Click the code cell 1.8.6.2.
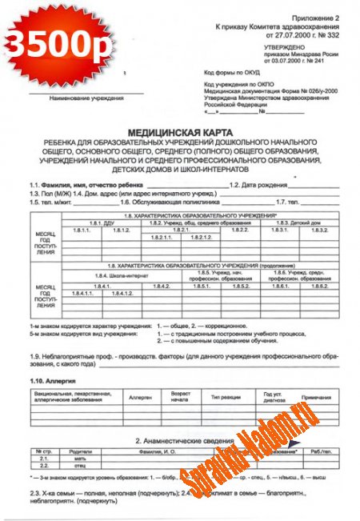click(320, 286)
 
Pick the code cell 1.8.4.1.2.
click(122, 294)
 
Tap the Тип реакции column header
click(226, 396)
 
